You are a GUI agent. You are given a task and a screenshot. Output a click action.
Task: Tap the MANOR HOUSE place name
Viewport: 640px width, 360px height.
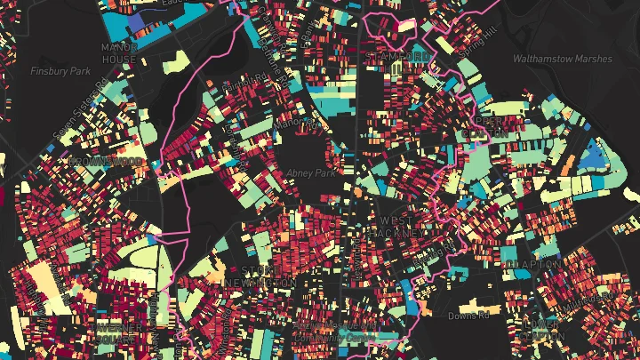(x=117, y=51)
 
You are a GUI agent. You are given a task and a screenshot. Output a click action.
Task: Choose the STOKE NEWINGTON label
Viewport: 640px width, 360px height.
(x=268, y=276)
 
